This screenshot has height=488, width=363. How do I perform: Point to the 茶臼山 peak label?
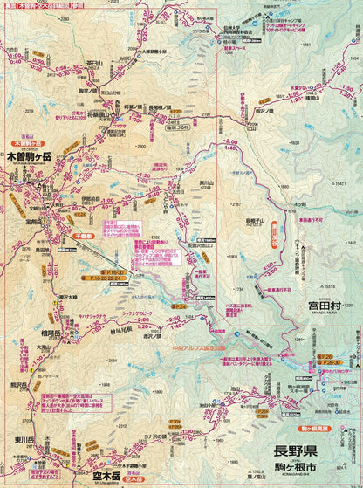[x=96, y=63]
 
